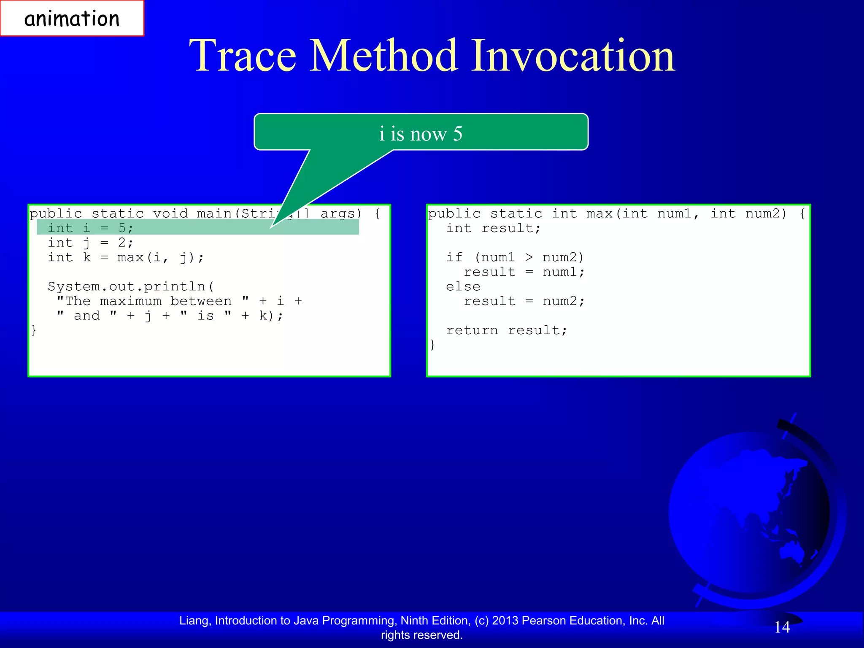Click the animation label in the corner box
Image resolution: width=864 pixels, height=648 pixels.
72,19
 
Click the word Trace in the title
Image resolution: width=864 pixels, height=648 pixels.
243,56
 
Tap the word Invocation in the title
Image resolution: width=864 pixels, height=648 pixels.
572,56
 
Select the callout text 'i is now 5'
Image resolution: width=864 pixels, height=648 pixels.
421,134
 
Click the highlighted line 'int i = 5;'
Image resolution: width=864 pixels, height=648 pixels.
90,228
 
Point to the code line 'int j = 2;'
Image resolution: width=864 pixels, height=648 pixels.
90,243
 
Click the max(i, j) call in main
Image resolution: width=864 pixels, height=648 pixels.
160,257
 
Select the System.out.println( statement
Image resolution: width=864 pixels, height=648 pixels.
131,287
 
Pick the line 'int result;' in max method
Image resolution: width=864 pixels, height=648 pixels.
493,228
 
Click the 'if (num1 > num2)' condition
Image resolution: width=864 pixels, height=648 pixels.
515,257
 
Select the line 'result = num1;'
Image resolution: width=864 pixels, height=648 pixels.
524,272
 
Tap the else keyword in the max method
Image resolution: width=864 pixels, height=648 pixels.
463,287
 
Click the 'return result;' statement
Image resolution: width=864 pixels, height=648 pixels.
506,330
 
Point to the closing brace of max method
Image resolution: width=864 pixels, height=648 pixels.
432,345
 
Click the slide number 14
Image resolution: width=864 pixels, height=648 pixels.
782,627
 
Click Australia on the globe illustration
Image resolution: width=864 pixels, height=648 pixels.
795,551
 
